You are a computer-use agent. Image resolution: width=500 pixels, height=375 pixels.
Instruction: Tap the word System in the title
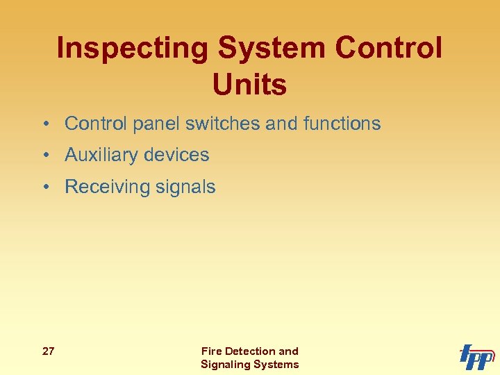click(x=272, y=49)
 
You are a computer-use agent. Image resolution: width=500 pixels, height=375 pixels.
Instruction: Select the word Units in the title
click(x=250, y=85)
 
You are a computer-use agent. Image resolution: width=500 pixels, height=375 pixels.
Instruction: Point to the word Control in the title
click(x=388, y=49)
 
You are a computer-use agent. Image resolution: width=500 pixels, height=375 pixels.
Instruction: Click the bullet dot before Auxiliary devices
click(x=44, y=156)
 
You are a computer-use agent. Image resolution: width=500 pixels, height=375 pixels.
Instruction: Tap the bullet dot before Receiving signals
click(x=44, y=187)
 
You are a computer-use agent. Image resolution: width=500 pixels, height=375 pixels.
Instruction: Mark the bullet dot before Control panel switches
click(x=44, y=124)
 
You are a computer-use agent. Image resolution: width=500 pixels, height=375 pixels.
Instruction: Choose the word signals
click(x=187, y=187)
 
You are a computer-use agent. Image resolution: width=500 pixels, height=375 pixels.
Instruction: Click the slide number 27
click(x=49, y=351)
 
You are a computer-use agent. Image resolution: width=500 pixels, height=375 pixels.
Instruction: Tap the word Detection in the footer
click(x=249, y=351)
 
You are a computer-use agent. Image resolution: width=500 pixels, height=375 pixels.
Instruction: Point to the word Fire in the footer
click(x=210, y=351)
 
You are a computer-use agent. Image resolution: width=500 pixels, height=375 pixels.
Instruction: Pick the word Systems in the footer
click(x=277, y=365)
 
